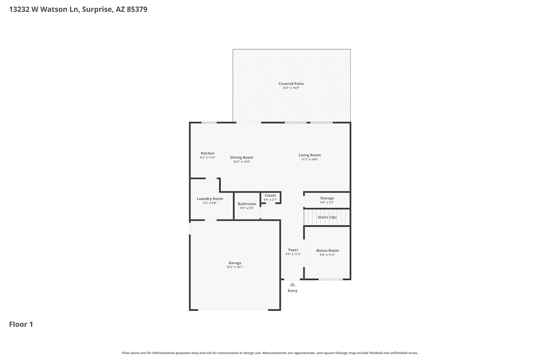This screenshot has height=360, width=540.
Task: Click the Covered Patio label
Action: [x=291, y=84]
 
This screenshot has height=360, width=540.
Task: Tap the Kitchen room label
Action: [x=208, y=153]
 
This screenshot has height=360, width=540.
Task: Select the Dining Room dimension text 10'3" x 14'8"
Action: [x=242, y=162]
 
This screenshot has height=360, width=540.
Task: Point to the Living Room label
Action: [x=310, y=155]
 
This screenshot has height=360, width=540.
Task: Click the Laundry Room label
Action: [x=210, y=199]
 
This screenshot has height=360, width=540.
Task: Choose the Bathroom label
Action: [x=247, y=204]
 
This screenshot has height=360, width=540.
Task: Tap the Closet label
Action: [x=270, y=195]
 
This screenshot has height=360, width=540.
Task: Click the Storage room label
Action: [x=327, y=198]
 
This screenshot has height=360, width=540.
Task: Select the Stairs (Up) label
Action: [x=327, y=217]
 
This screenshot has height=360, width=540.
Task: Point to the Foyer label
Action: [x=293, y=250]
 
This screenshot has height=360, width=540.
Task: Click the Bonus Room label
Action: [x=327, y=251]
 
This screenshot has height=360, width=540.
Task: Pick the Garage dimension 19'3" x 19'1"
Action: [x=235, y=267]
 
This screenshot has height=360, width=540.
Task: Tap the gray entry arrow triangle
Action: [x=292, y=284]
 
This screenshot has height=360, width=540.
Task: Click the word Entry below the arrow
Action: [x=292, y=291]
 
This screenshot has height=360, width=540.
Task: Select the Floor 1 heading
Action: [x=21, y=324]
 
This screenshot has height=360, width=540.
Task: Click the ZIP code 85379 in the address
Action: [x=137, y=9]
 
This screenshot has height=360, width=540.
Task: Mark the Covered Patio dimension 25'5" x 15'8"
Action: [x=291, y=88]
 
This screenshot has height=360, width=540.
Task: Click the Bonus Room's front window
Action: [x=330, y=279]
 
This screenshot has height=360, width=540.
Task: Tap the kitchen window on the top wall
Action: [x=209, y=122]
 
